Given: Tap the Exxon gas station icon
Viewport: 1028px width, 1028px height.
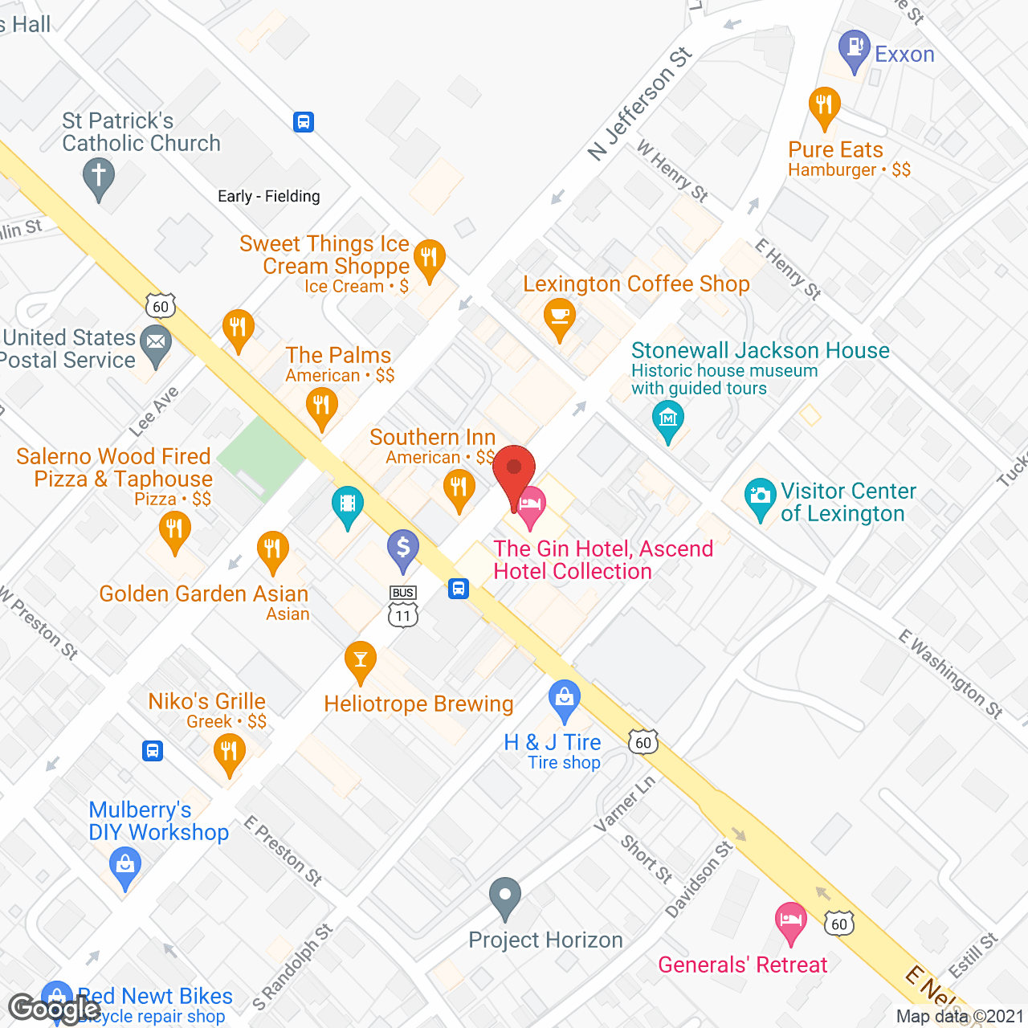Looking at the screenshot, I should [854, 50].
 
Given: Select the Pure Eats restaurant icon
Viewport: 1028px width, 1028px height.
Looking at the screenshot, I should [824, 107].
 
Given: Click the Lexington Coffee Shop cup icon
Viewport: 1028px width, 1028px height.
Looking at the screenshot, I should [559, 318].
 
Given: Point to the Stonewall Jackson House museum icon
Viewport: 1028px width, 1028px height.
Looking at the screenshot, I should [668, 420].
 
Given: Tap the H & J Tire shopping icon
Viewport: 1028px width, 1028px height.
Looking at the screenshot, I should [565, 700].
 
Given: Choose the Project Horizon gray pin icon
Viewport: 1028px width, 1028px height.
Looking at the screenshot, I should [505, 896].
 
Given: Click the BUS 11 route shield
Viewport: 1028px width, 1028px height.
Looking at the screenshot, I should [403, 606].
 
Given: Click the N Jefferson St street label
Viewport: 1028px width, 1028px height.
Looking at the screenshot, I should [639, 104].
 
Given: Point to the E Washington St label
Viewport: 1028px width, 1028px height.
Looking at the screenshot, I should [951, 674].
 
